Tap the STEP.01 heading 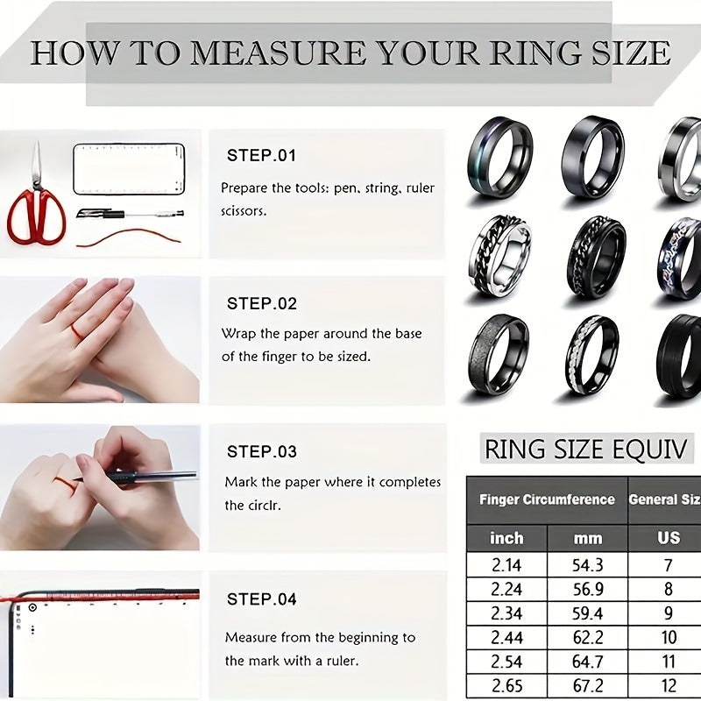262,156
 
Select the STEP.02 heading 262,304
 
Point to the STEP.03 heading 262,452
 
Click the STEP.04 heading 262,599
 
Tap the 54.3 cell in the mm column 588,566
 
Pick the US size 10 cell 669,637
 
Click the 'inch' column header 506,538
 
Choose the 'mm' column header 588,538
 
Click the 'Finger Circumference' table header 547,499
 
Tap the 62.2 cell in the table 588,637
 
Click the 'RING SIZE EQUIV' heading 589,450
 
